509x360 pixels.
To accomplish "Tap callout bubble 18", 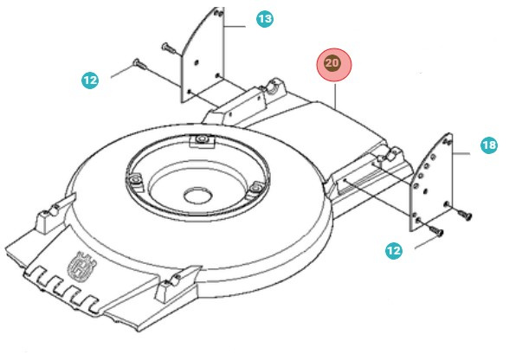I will (x=489, y=146).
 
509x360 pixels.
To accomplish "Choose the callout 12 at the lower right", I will (x=394, y=250).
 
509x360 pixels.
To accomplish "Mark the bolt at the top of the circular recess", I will (x=202, y=139).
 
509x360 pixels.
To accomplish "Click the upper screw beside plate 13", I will (x=167, y=44).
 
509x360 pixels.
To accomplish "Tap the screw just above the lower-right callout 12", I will (x=435, y=229).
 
